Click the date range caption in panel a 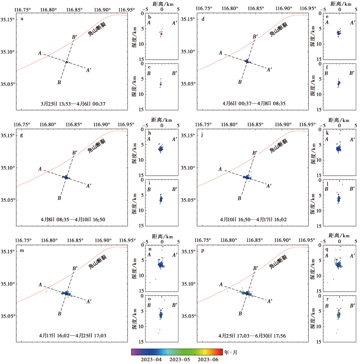click(x=73, y=103)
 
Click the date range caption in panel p click(x=252, y=336)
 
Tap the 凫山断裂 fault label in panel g click(x=97, y=146)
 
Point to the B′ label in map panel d click(x=255, y=37)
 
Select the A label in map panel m click(x=40, y=285)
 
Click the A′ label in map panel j click(x=269, y=186)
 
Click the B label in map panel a click(x=59, y=83)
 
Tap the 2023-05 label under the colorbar click(x=180, y=359)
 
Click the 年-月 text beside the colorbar click(x=231, y=352)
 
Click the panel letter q click(x=327, y=249)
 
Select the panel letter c click(x=149, y=67)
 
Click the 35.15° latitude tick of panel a click(x=8, y=19)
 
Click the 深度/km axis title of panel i click(x=135, y=203)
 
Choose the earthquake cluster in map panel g click(x=66, y=177)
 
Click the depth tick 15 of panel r click(x=318, y=341)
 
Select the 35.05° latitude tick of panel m click(x=8, y=316)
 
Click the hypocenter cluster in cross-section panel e click(x=339, y=33)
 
